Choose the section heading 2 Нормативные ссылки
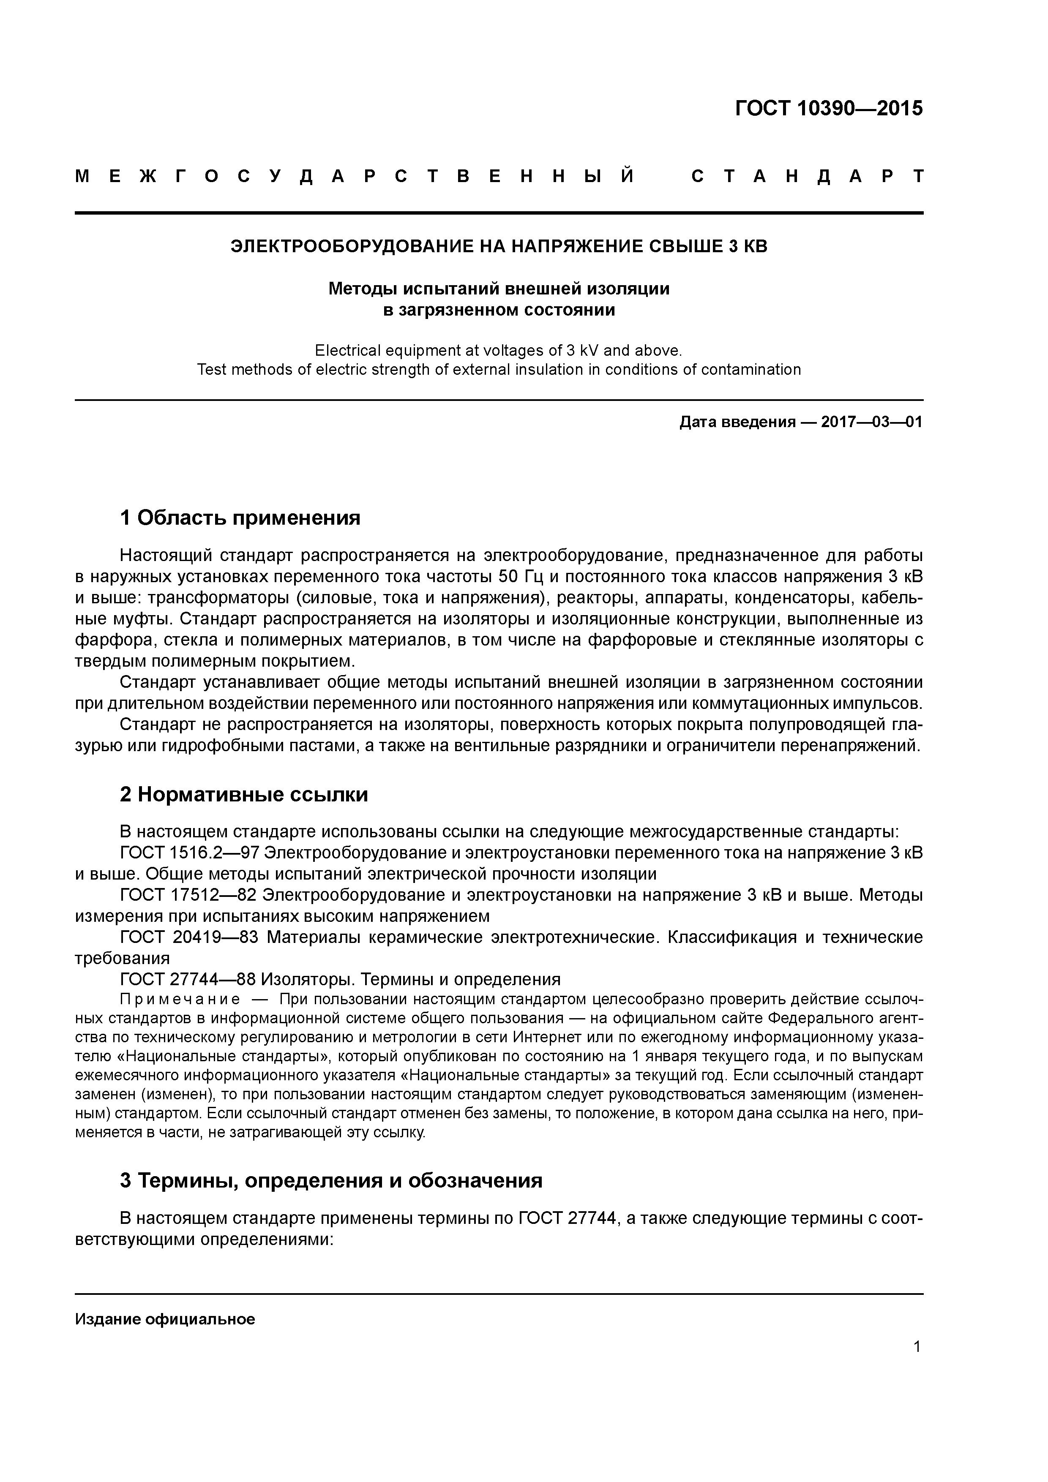tap(244, 795)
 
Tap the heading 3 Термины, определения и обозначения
tap(330, 1180)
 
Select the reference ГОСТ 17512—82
tap(188, 895)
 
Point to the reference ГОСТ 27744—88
tap(188, 980)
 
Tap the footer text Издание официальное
tap(165, 1319)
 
